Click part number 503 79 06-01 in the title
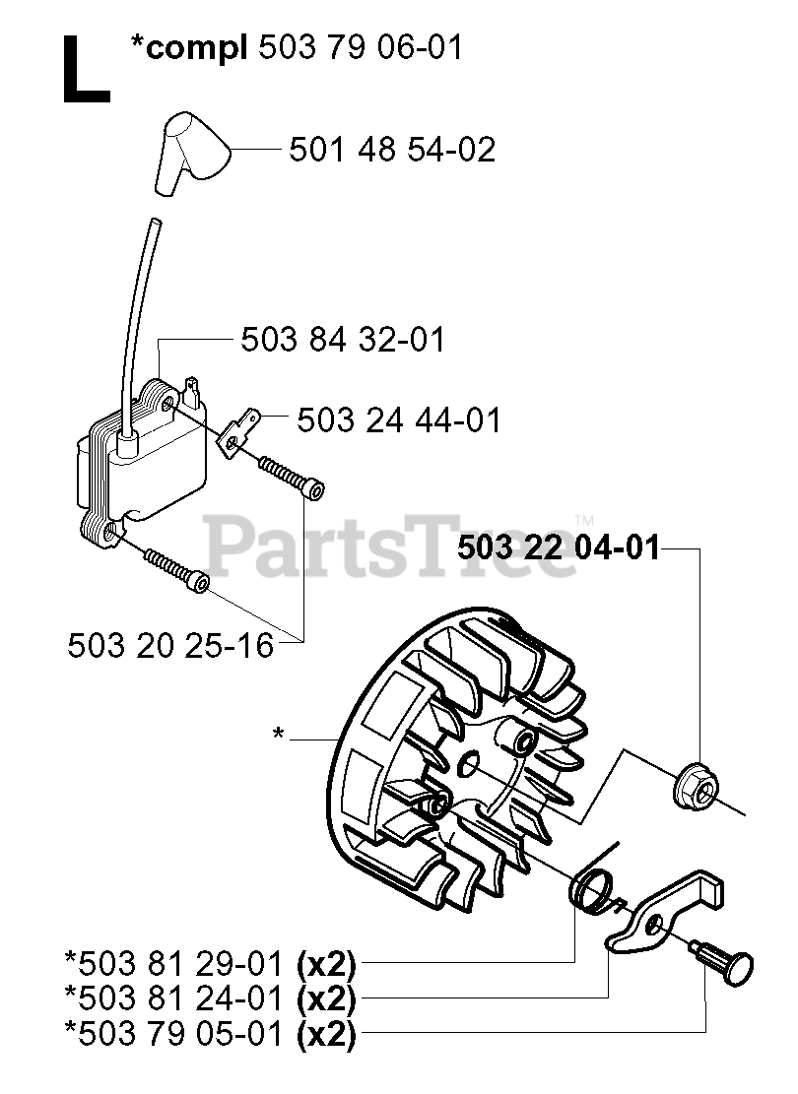tap(359, 46)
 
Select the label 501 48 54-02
tap(391, 150)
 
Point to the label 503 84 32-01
tap(343, 341)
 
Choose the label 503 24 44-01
tap(399, 420)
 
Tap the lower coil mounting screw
tap(177, 570)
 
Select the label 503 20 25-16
tap(170, 646)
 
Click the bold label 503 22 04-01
tap(559, 547)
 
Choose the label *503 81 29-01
tap(176, 961)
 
